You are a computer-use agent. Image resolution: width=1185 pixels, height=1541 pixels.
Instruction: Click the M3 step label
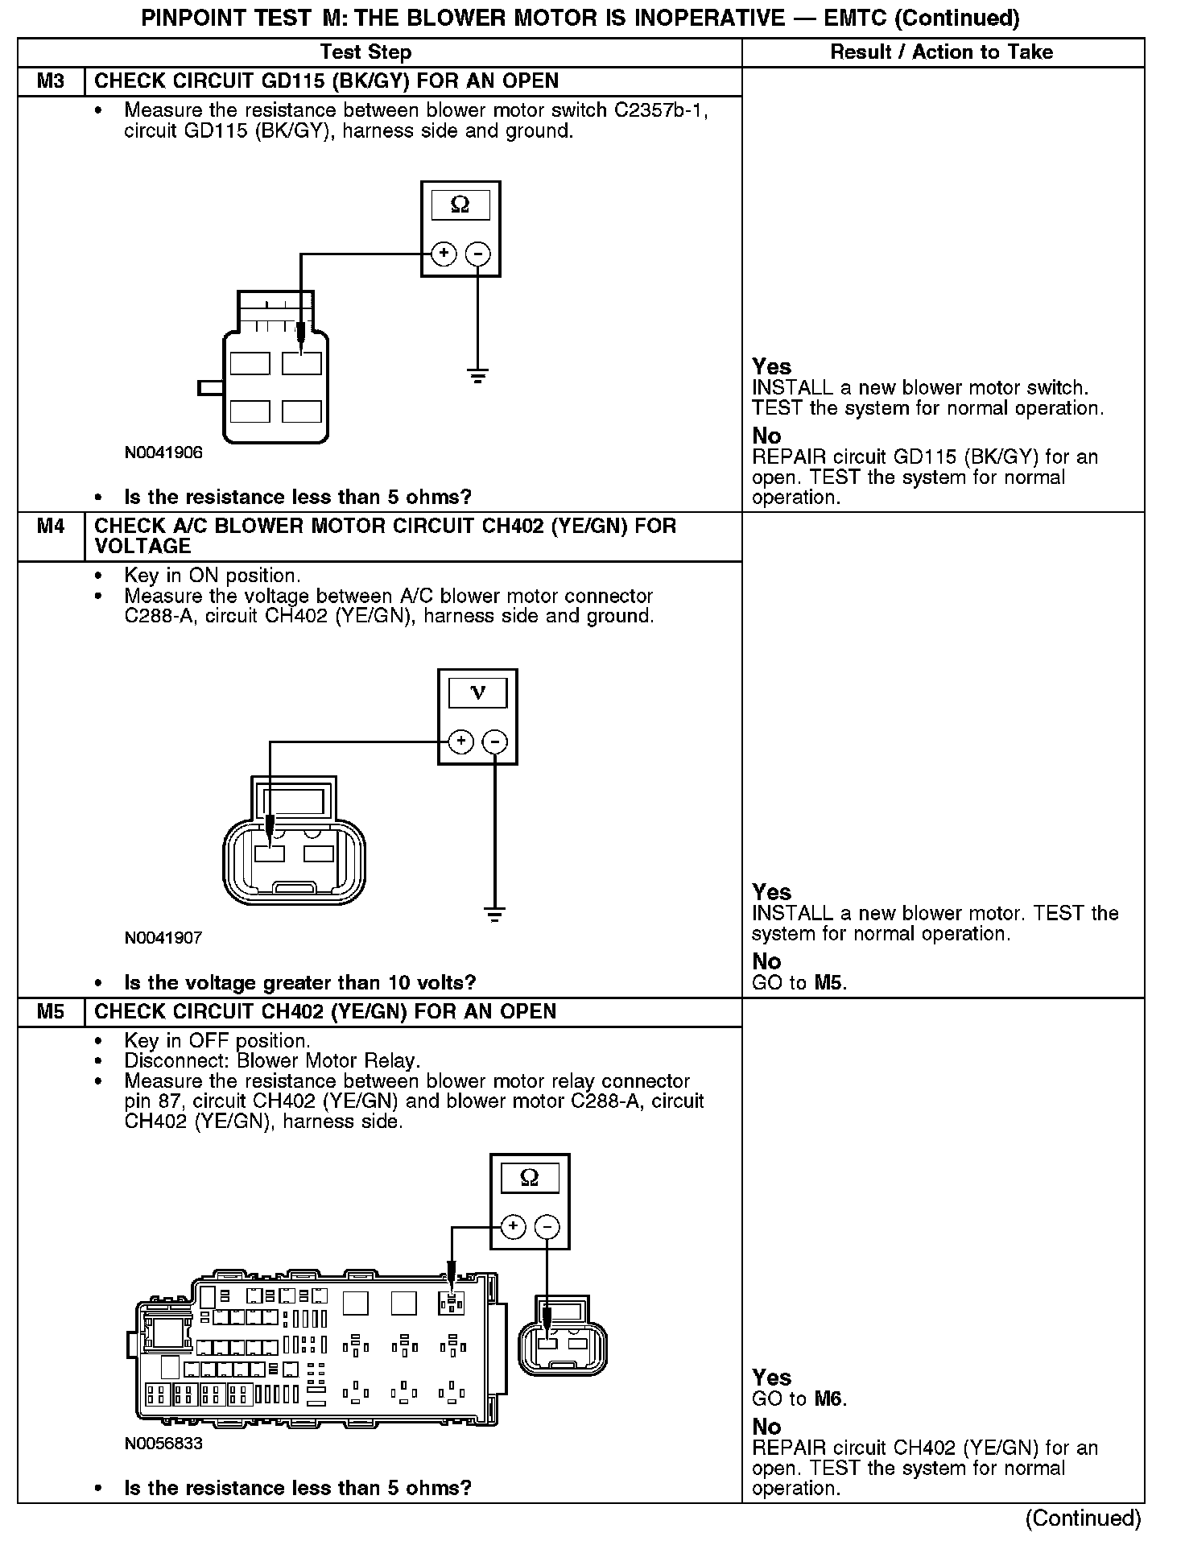click(x=51, y=81)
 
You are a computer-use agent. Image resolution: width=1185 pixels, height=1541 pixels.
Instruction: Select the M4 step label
click(x=51, y=527)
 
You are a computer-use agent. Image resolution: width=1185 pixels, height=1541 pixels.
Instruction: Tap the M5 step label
click(x=51, y=1012)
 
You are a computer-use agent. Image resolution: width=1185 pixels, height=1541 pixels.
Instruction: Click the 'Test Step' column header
click(x=365, y=52)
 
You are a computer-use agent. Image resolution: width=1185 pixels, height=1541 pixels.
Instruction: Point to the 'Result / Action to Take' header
click(x=941, y=52)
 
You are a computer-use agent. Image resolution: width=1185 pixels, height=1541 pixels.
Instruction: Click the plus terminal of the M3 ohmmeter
click(x=444, y=254)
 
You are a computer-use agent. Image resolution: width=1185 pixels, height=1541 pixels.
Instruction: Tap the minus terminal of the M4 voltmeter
click(x=495, y=742)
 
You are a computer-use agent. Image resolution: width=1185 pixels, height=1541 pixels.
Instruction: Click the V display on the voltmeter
click(x=477, y=692)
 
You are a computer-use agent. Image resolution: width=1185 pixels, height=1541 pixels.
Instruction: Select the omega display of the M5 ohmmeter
click(x=529, y=1178)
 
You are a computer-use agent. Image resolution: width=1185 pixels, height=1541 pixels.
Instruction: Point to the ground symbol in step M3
click(x=478, y=374)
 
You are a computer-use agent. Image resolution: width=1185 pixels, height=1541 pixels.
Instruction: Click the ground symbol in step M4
click(x=494, y=914)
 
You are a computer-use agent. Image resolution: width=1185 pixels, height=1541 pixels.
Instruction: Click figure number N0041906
click(x=163, y=452)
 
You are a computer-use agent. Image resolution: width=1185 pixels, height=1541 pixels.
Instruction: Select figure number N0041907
click(x=163, y=938)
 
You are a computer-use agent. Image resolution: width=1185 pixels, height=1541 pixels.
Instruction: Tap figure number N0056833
click(x=163, y=1444)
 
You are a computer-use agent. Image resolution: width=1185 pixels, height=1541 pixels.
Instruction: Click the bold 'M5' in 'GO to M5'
click(x=830, y=982)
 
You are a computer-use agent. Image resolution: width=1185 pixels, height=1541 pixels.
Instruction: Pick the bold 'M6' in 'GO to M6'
click(x=830, y=1398)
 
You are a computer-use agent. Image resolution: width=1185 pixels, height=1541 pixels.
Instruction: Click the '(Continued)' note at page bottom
click(x=1083, y=1518)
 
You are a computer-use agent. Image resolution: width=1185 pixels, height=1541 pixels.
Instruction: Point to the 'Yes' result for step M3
click(x=771, y=367)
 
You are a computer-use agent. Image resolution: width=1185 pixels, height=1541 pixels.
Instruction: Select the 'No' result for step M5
click(x=766, y=1427)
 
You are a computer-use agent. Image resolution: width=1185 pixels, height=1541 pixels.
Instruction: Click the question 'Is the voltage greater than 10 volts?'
click(x=299, y=982)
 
